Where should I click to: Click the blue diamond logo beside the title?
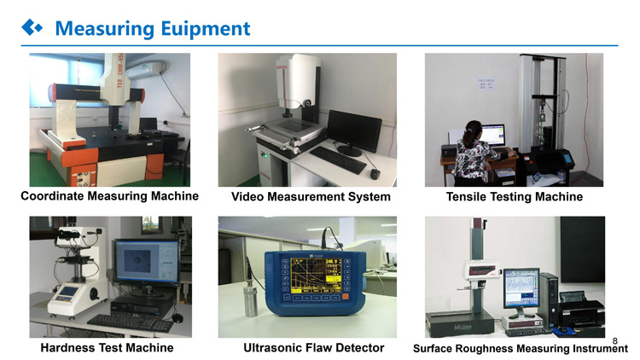point(32,28)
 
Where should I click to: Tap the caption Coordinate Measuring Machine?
point(109,196)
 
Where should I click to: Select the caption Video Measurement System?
point(311,197)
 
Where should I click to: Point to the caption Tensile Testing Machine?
point(514,197)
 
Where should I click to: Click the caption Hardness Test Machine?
point(107,348)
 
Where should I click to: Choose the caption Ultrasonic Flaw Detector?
point(313,348)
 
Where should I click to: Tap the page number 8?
point(614,339)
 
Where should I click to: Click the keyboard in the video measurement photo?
point(337,160)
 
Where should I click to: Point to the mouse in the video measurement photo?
point(374,174)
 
